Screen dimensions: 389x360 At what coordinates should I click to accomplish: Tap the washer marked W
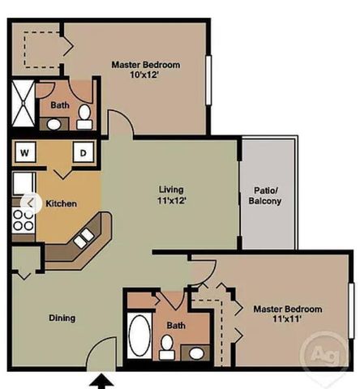click(24, 152)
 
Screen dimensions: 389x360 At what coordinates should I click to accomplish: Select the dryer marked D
click(83, 152)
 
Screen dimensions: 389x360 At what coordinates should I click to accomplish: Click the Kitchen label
click(61, 203)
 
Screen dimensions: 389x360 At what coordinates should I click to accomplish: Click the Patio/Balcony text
click(264, 195)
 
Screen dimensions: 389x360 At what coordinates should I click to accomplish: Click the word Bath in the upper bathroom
click(60, 105)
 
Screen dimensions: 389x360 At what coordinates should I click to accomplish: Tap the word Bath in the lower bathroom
click(176, 326)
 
